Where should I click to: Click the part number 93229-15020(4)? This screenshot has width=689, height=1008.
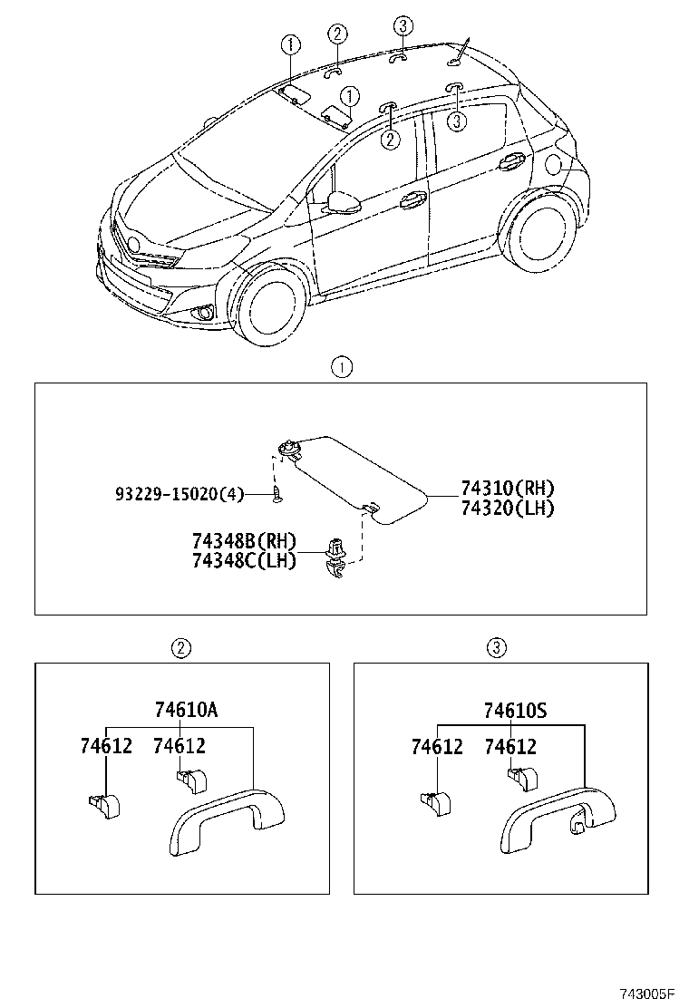click(180, 493)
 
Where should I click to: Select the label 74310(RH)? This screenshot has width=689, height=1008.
click(507, 489)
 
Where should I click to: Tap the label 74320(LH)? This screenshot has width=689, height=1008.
click(507, 508)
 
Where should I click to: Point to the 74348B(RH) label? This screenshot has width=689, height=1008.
click(244, 541)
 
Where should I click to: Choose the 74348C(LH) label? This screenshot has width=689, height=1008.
click(244, 560)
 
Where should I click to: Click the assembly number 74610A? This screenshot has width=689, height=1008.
click(186, 711)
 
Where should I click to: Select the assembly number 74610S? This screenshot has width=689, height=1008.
click(515, 711)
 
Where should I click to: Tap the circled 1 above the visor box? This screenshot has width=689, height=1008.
click(341, 367)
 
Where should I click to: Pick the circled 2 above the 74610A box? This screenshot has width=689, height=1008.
click(181, 647)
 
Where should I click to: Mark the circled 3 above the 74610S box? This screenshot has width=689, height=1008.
click(496, 647)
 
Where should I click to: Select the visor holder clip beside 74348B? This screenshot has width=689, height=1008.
click(336, 555)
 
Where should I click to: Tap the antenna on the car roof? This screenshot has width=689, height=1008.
click(461, 51)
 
